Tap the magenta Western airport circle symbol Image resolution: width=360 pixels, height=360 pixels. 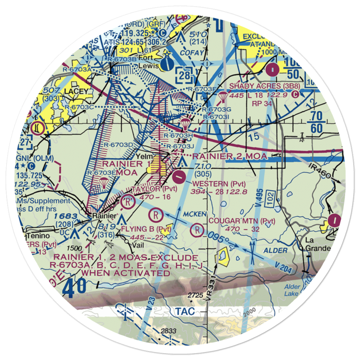(x=179, y=176)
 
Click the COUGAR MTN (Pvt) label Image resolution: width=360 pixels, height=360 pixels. (x=242, y=221)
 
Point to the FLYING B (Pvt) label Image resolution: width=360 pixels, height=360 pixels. (x=146, y=229)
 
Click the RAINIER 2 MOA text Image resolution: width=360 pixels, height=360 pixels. (x=230, y=156)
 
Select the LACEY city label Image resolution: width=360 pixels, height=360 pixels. (x=76, y=91)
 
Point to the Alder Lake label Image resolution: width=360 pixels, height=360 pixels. (x=292, y=290)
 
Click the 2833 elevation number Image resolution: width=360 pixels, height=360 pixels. (x=168, y=331)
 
